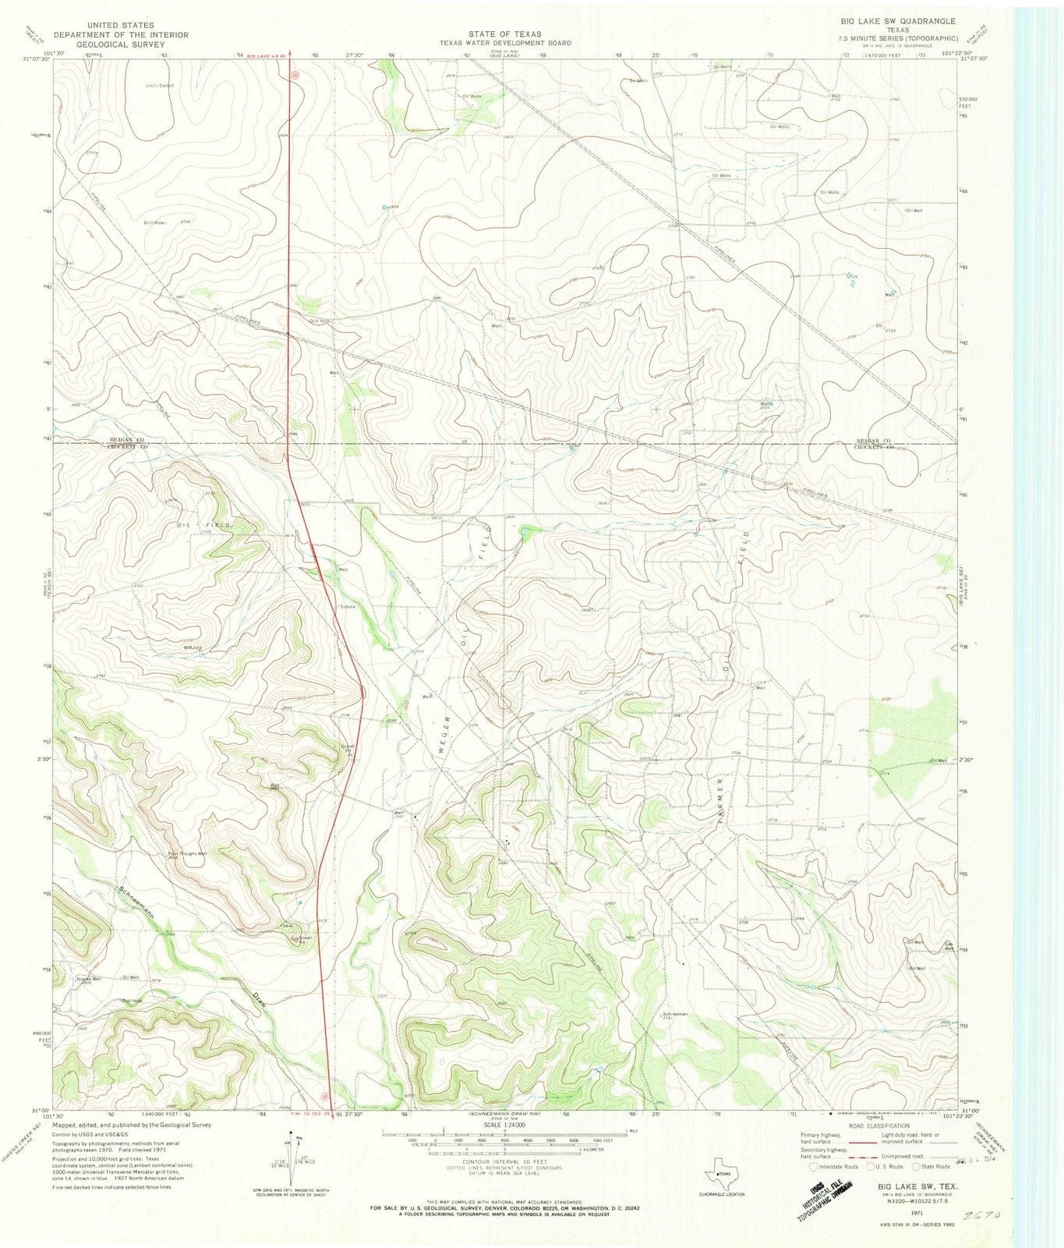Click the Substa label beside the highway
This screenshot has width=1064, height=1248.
(347, 606)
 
